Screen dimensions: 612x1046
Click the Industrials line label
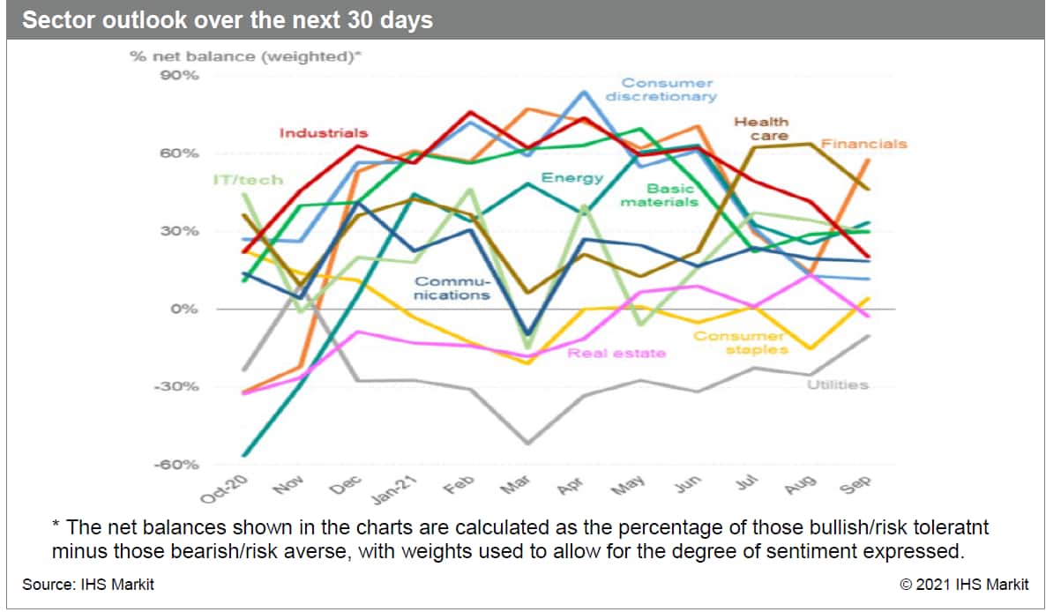tap(323, 133)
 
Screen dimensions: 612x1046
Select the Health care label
tap(761, 129)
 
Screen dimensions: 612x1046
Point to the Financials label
tap(863, 144)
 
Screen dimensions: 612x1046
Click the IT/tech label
tap(248, 180)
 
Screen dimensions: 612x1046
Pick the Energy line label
tap(572, 178)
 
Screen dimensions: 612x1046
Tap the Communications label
tap(451, 288)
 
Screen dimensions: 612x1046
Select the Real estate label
tap(616, 353)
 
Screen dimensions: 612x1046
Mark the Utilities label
tap(837, 385)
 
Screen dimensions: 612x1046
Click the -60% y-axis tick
tap(176, 465)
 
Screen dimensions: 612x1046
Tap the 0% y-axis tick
tap(183, 310)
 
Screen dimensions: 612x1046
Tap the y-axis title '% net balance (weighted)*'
tap(246, 56)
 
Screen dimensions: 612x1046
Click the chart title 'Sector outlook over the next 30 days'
tap(227, 19)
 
